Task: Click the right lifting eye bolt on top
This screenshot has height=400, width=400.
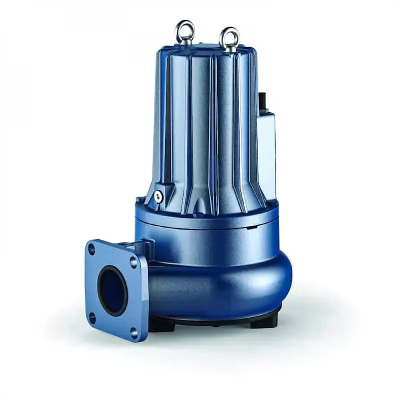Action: pyautogui.click(x=230, y=37)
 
